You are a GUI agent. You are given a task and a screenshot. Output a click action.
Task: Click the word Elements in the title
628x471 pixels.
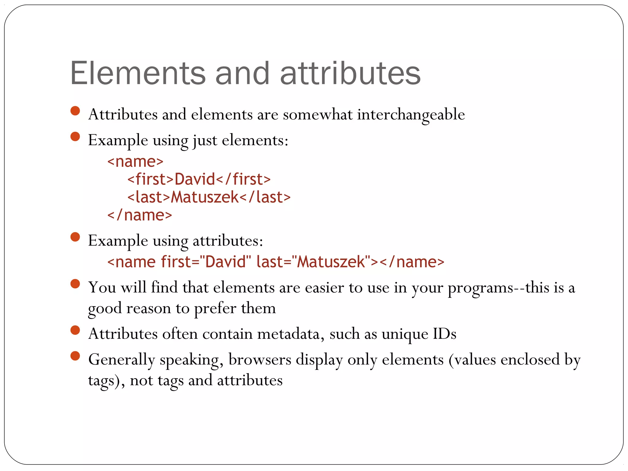click(138, 73)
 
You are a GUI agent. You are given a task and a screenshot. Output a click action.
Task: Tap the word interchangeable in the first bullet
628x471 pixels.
click(411, 114)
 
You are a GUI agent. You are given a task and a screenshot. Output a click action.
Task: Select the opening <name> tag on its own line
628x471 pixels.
click(135, 162)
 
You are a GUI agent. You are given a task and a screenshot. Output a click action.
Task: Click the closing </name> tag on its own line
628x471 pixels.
click(140, 215)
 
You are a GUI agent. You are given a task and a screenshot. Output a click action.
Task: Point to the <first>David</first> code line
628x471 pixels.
click(199, 179)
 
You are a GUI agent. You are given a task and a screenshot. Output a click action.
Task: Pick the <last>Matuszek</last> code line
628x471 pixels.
click(209, 197)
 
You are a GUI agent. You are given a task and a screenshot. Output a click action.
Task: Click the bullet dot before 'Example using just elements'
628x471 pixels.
click(75, 136)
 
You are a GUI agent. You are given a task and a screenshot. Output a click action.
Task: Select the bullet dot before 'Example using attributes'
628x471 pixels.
click(75, 237)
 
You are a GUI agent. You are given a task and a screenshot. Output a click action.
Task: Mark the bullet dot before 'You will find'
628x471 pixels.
click(75, 284)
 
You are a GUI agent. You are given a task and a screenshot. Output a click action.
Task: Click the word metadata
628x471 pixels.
click(291, 334)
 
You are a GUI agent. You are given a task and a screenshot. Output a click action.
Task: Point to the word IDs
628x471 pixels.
click(444, 334)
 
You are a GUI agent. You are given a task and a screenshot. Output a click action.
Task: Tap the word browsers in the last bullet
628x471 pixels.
click(260, 360)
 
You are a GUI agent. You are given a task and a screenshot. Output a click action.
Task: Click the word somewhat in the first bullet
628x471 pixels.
click(317, 114)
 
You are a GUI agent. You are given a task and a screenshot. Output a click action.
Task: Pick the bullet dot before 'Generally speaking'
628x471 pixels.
click(75, 356)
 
